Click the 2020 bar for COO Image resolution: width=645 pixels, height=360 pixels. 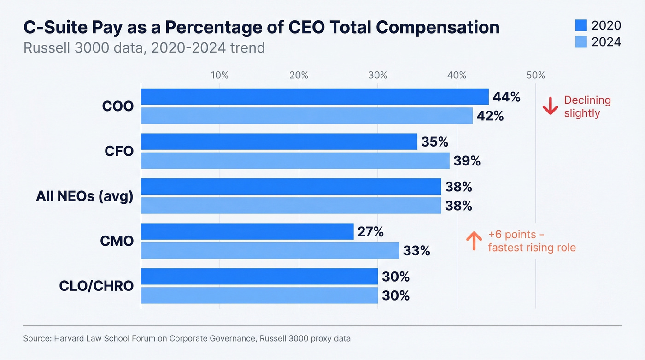[314, 97]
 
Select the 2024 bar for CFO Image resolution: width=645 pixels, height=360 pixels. [295, 161]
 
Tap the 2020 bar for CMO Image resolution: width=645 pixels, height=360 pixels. [247, 232]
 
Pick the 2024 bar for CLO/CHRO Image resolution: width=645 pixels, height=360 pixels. [259, 295]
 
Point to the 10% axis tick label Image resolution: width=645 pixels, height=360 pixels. [220, 76]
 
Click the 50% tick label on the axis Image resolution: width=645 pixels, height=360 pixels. [536, 76]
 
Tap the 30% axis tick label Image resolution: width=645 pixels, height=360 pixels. [378, 76]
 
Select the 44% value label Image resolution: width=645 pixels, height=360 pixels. [506, 97]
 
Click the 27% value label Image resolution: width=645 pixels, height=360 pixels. [370, 232]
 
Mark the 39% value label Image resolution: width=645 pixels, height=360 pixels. [467, 161]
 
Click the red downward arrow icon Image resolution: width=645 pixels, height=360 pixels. [550, 106]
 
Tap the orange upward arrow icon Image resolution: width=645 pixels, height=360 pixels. [474, 241]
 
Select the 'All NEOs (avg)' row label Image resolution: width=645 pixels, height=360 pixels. [85, 197]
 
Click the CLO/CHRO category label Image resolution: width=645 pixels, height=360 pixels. [96, 286]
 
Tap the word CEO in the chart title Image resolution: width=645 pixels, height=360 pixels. [307, 28]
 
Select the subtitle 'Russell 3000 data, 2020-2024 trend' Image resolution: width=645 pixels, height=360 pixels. [144, 47]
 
